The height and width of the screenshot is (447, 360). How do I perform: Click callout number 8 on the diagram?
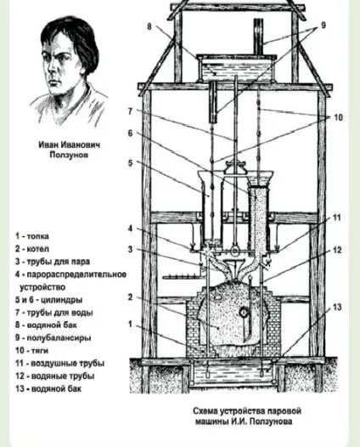[x=149, y=26]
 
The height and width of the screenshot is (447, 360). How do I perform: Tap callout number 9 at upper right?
[x=323, y=25]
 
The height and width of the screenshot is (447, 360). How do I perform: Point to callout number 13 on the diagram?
[x=337, y=308]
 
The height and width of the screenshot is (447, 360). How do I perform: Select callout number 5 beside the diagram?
[x=130, y=163]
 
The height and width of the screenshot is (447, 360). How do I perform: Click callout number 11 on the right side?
[x=336, y=218]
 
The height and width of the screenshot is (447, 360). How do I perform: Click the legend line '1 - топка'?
[x=32, y=236]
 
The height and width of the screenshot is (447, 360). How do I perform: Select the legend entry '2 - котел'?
[x=32, y=249]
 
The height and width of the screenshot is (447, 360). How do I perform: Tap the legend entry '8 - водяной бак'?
[x=46, y=325]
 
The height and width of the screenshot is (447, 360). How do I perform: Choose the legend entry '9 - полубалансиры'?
[x=53, y=338]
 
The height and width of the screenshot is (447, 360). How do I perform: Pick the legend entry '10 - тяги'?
[x=32, y=350]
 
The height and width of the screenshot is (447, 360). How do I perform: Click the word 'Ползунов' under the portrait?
[x=69, y=155]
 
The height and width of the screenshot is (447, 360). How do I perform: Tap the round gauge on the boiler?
[x=244, y=313]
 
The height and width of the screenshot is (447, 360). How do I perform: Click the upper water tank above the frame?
[x=236, y=68]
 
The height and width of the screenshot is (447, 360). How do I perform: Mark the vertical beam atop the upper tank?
[x=259, y=37]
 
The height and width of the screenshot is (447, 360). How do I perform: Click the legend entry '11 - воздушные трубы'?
[x=59, y=363]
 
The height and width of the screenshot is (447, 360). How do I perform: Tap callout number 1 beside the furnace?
[x=130, y=324]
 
